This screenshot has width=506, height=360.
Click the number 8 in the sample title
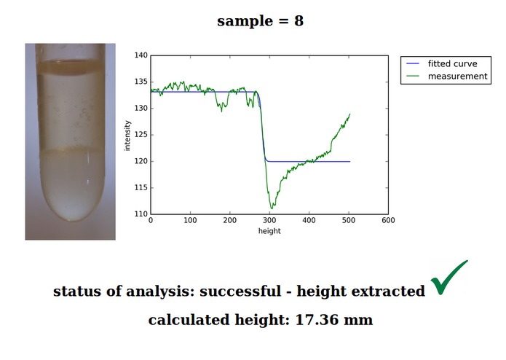[299, 21]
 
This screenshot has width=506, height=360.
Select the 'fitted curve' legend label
[452, 63]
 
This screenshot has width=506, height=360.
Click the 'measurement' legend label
[458, 77]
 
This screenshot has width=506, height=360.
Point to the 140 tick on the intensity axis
[141, 55]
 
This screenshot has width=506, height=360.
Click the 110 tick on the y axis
[141, 214]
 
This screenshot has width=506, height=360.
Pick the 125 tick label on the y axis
[141, 135]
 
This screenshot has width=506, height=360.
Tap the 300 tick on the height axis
[269, 220]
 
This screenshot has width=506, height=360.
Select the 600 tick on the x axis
[388, 220]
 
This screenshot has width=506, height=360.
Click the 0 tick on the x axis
[151, 220]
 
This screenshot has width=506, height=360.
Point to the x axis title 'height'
[269, 231]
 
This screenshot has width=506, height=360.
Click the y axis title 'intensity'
[127, 136]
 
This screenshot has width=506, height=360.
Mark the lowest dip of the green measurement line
[272, 208]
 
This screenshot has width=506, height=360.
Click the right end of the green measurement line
[350, 114]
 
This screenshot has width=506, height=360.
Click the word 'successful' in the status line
[240, 291]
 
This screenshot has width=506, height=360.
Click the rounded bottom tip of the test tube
[71, 220]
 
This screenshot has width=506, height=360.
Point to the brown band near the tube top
[71, 67]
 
